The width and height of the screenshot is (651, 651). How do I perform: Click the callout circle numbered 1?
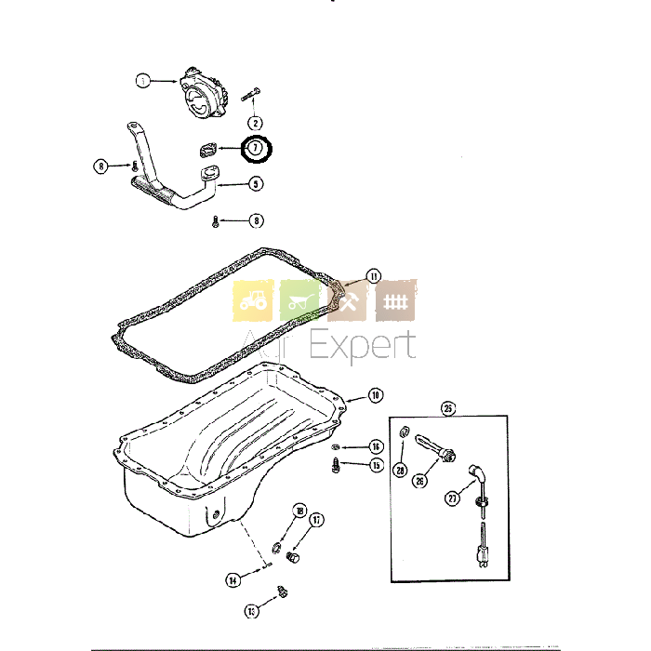coord(142,81)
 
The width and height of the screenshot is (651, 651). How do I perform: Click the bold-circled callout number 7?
coord(255,148)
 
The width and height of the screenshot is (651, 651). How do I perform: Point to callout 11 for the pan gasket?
coord(373,275)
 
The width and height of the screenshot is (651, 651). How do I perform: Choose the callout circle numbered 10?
coord(375,395)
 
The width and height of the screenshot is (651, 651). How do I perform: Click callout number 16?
coord(376,447)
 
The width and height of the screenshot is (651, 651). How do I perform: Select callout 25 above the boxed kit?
coord(448,407)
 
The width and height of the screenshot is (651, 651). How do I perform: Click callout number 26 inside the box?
coord(419,481)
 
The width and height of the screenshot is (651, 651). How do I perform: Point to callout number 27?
coord(453,498)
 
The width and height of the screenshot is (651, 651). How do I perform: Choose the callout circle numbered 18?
coord(299,511)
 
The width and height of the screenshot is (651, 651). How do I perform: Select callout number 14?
coord(233,579)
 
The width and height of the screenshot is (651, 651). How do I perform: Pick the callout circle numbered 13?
coord(251,611)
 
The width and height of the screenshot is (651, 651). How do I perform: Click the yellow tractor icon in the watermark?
coord(253,301)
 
